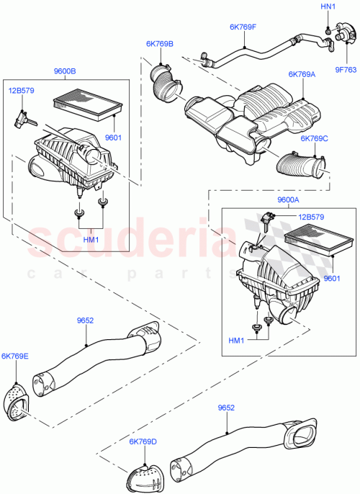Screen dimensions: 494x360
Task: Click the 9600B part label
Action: tap(64, 71)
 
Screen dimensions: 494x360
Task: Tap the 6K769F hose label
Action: tap(244, 27)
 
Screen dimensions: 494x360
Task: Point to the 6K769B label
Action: tap(160, 44)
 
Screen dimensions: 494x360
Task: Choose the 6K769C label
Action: tap(314, 138)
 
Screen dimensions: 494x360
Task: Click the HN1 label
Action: tap(329, 6)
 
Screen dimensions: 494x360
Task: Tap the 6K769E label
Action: tap(15, 356)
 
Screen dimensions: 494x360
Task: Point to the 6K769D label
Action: tap(144, 441)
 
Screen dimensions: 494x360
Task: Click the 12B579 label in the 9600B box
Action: tap(22, 91)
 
